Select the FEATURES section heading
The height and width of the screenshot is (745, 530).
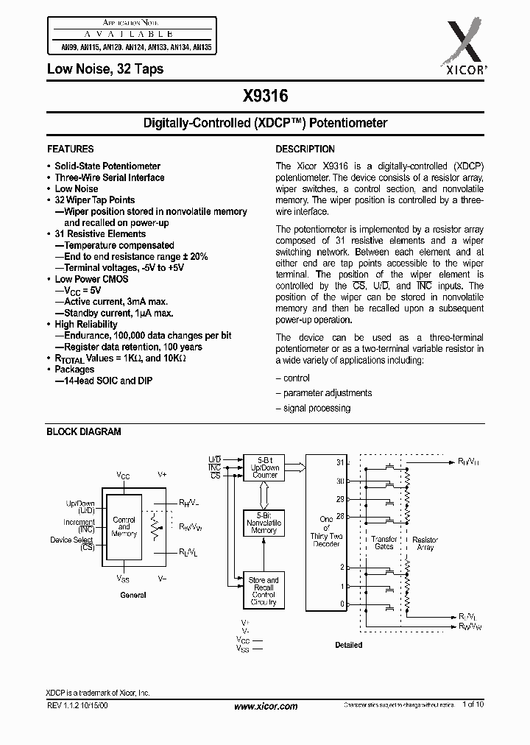pyautogui.click(x=70, y=149)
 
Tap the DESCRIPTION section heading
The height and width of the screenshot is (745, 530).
pyautogui.click(x=305, y=149)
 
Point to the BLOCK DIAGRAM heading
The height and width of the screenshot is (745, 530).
pyautogui.click(x=84, y=432)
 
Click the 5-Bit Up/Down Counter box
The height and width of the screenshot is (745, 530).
pyautogui.click(x=265, y=466)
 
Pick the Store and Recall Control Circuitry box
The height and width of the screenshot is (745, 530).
pyautogui.click(x=264, y=591)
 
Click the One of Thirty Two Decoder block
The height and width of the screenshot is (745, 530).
pyautogui.click(x=325, y=529)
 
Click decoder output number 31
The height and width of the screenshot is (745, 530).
pyautogui.click(x=340, y=463)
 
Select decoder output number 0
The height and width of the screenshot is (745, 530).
pyautogui.click(x=341, y=604)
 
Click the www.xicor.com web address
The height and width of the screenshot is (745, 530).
pyautogui.click(x=265, y=706)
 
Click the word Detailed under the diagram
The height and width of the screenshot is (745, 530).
pyautogui.click(x=348, y=645)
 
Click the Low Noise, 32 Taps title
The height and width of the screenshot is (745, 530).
pyautogui.click(x=105, y=69)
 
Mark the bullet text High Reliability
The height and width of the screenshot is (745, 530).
pyautogui.click(x=86, y=324)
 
